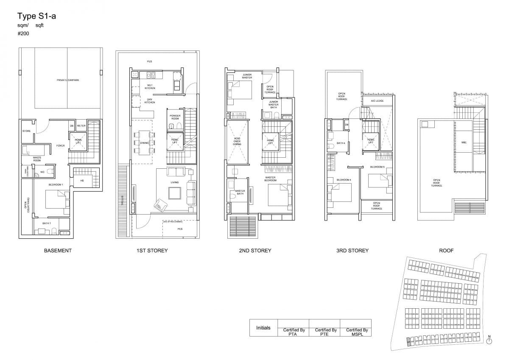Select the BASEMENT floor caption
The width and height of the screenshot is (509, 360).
pos(58,251)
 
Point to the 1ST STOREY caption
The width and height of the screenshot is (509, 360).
pos(152,251)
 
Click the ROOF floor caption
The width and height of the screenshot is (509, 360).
pos(446,251)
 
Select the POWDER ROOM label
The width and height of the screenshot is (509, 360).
pos(175,117)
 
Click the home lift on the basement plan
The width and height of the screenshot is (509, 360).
pos(78,142)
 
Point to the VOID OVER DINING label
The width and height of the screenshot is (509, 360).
pos(237,142)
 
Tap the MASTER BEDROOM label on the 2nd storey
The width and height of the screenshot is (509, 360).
pos(271,179)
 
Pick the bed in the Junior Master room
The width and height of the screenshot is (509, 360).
pos(240,89)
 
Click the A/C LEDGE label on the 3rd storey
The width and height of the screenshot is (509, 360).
pos(377,101)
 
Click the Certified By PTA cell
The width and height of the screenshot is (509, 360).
pos(294,332)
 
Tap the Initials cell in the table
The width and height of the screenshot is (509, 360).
pos(263,328)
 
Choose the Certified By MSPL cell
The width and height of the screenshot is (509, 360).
pos(356,332)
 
